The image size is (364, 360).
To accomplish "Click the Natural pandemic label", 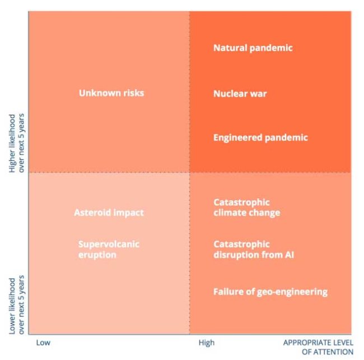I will [253, 48].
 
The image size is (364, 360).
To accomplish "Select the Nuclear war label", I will [240, 93].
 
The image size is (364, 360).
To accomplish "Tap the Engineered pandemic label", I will [260, 137].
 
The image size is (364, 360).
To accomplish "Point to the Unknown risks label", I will [111, 93].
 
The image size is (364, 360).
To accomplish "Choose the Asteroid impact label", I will [109, 213].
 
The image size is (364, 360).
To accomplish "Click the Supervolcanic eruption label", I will [109, 250].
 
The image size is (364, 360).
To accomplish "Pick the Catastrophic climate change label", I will [246, 207].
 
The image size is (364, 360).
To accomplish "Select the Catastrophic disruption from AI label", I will [254, 250].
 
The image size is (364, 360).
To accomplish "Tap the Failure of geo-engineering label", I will [270, 292].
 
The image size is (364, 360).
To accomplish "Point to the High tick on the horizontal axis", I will [206, 342].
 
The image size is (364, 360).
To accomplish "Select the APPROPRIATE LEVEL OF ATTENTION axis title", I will [318, 347].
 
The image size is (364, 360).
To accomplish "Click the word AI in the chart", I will [289, 255].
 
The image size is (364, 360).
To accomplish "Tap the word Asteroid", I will [92, 213].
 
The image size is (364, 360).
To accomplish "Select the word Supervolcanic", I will [109, 244].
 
